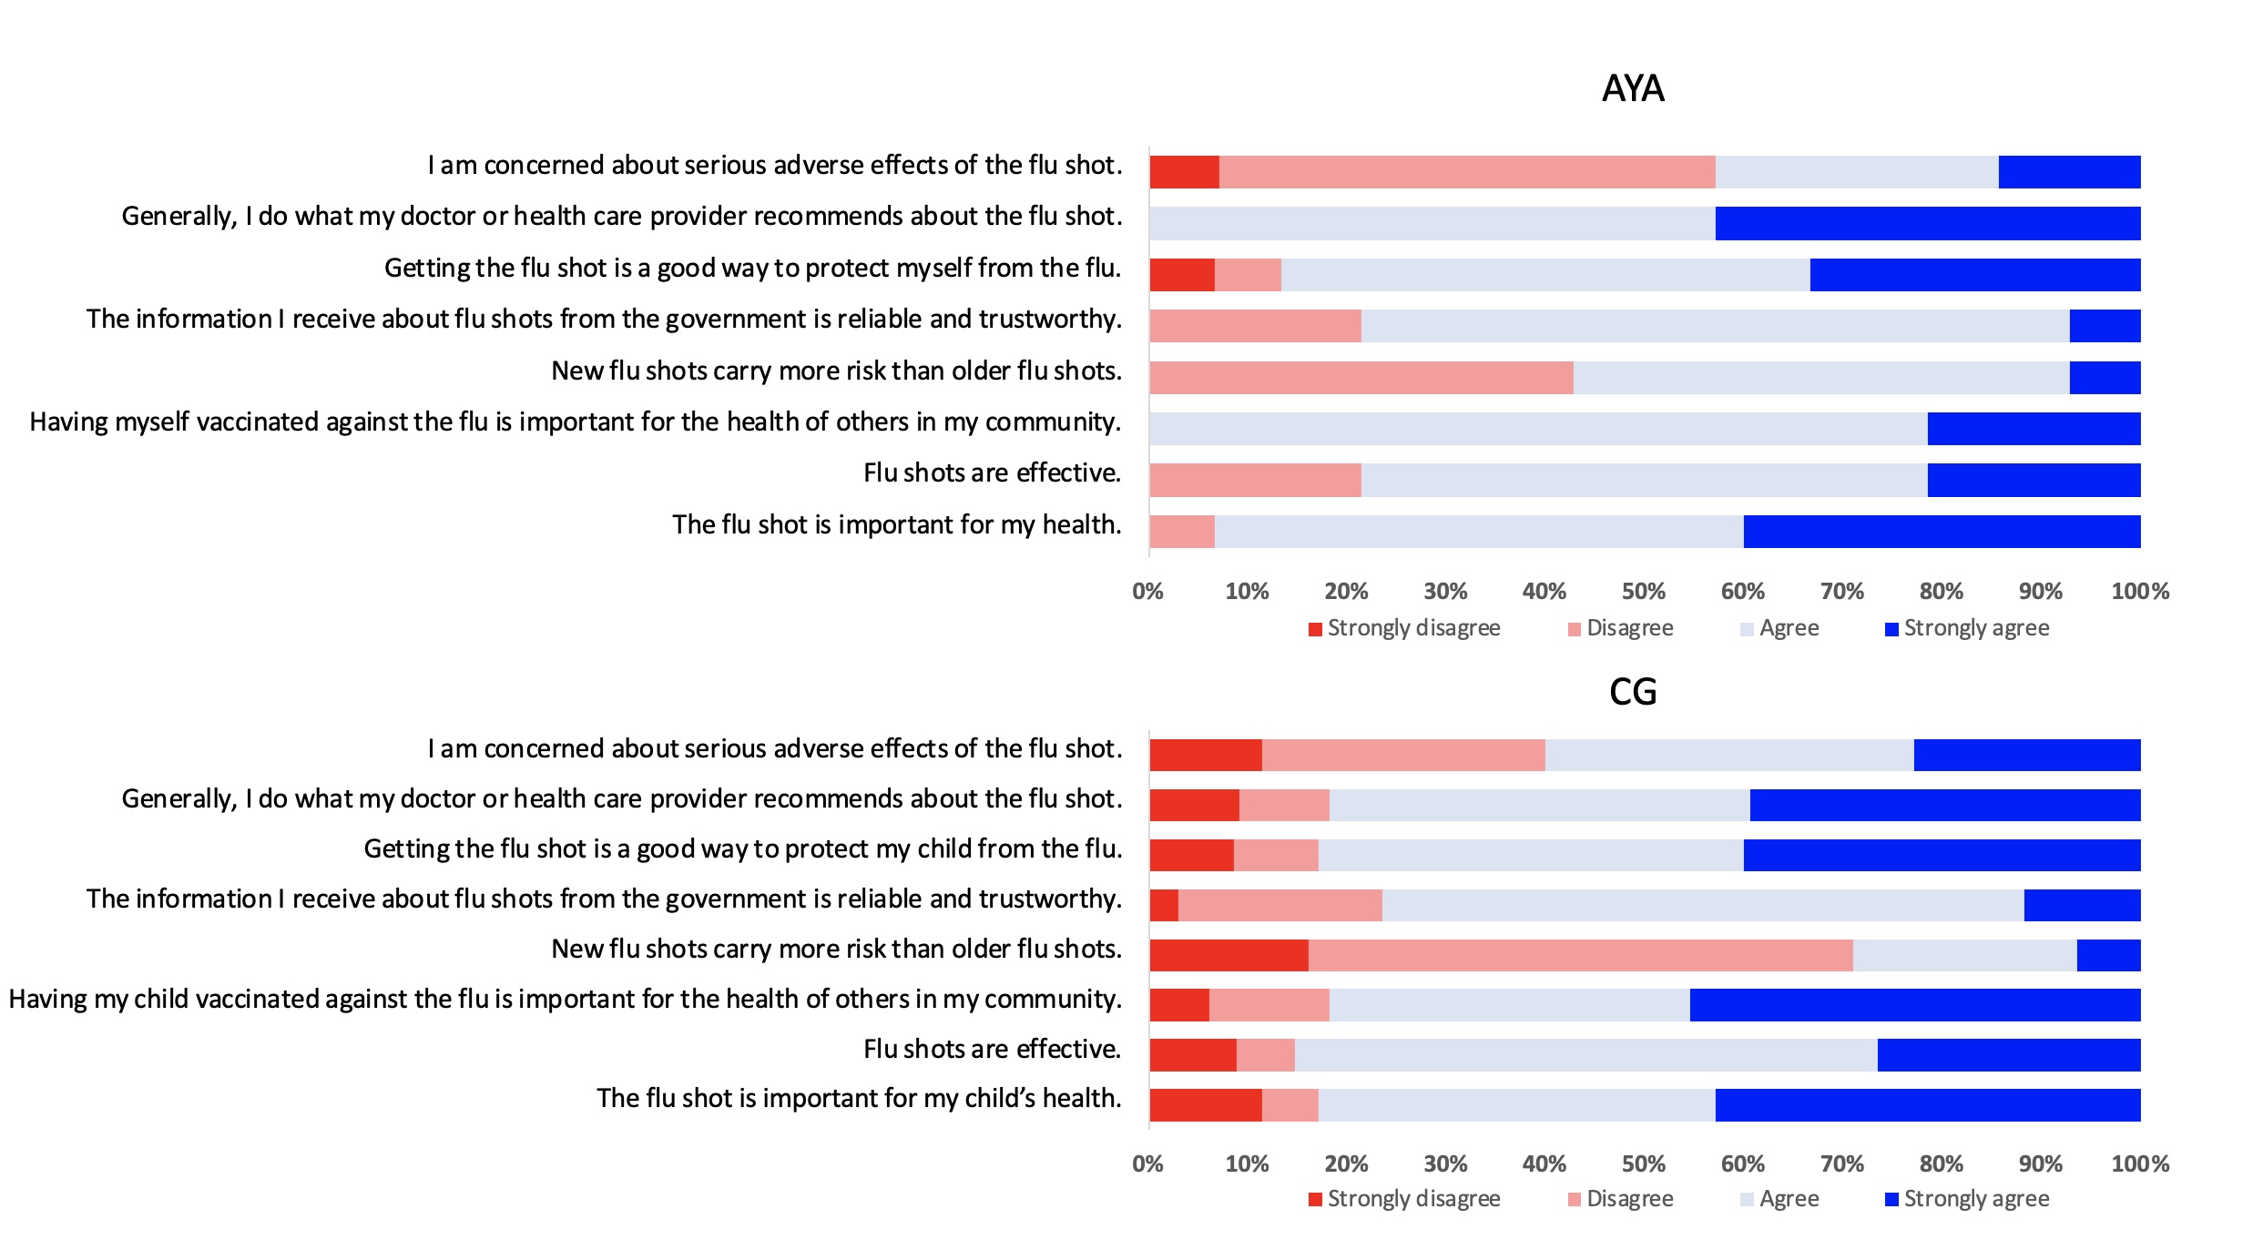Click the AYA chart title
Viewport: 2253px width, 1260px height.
[x=1633, y=88]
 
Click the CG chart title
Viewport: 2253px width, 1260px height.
[x=1633, y=692]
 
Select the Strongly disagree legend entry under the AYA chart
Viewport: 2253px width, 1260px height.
[x=1404, y=628]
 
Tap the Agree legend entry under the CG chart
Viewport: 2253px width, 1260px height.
[x=1779, y=1199]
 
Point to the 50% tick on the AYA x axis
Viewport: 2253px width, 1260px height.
[x=1644, y=592]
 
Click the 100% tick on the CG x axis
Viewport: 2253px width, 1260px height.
[x=2140, y=1163]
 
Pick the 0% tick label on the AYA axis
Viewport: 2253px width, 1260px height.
[x=1148, y=592]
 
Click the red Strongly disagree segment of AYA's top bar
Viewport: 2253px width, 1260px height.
[x=1185, y=172]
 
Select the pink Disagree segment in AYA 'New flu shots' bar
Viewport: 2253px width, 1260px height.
[x=1361, y=378]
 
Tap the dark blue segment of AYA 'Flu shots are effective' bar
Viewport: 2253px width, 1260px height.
[x=2034, y=480]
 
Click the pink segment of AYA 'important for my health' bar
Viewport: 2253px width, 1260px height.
[x=1182, y=532]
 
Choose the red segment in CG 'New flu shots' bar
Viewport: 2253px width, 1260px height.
[x=1229, y=955]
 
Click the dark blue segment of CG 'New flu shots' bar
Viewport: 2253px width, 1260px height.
[x=2109, y=955]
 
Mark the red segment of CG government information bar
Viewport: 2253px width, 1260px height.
[x=1164, y=905]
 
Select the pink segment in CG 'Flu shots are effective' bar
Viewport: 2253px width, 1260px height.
[x=1266, y=1055]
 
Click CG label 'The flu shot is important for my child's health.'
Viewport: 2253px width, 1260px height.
[x=859, y=1098]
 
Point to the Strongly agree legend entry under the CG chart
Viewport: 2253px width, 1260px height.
[x=1967, y=1199]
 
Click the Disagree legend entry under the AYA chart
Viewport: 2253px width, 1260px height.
[x=1620, y=628]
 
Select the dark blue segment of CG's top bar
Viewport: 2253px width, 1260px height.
[x=2027, y=755]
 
